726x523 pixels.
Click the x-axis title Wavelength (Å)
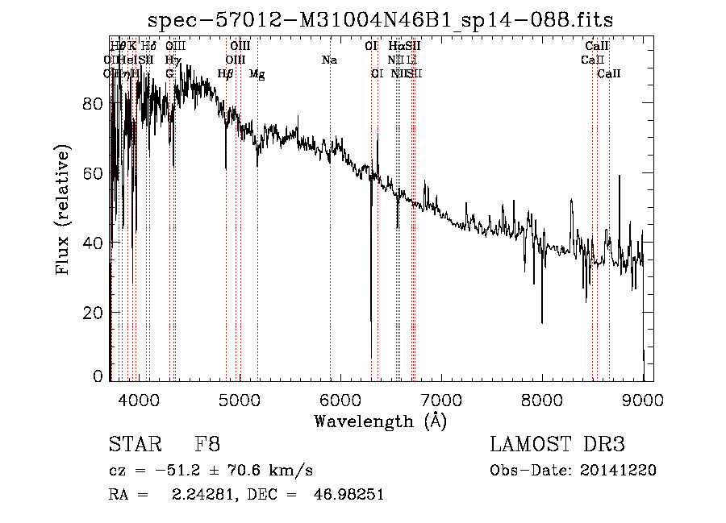click(x=380, y=421)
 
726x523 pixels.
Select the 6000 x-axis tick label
click(x=340, y=399)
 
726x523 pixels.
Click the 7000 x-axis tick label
click(x=441, y=399)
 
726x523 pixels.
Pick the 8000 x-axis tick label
click(x=542, y=399)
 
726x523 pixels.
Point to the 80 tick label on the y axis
click(x=94, y=104)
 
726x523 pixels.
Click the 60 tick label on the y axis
click(x=94, y=173)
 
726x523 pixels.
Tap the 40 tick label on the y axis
click(x=94, y=243)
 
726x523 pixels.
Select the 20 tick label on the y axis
click(x=94, y=312)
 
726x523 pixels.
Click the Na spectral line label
click(x=329, y=60)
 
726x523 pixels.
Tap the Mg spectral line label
click(x=257, y=74)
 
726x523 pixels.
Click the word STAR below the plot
click(x=132, y=444)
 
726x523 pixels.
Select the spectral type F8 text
click(x=208, y=444)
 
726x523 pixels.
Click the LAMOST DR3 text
click(x=557, y=444)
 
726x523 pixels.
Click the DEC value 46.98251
click(x=348, y=495)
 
